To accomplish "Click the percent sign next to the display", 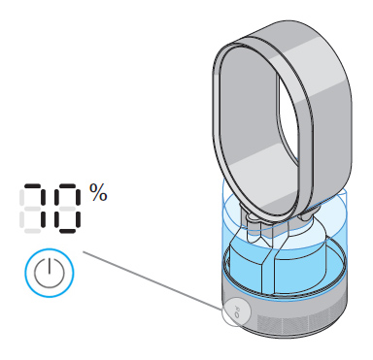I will pyautogui.click(x=98, y=191).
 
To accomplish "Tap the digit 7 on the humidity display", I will pyautogui.click(x=34, y=207).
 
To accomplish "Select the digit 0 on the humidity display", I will pyautogui.click(x=67, y=207).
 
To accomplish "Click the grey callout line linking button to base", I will pyautogui.click(x=155, y=282).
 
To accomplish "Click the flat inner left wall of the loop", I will pyautogui.click(x=233, y=126).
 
